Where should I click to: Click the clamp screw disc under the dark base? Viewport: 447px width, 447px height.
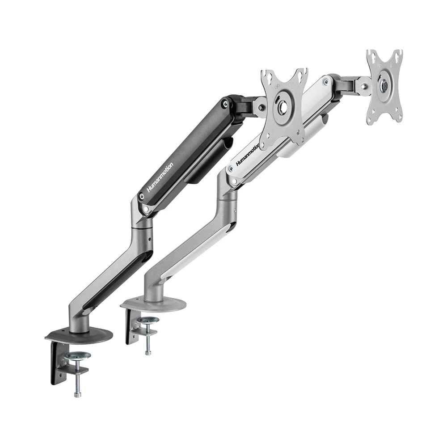pyautogui.click(x=77, y=356)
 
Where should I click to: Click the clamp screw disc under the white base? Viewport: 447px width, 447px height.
pyautogui.click(x=148, y=320)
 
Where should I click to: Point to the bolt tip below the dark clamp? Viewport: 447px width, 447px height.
pyautogui.click(x=77, y=393)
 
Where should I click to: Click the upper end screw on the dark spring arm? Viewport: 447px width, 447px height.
pyautogui.click(x=225, y=104)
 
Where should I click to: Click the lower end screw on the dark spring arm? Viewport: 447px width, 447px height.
pyautogui.click(x=142, y=195)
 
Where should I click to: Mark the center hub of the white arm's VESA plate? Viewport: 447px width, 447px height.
pyautogui.click(x=384, y=85)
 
